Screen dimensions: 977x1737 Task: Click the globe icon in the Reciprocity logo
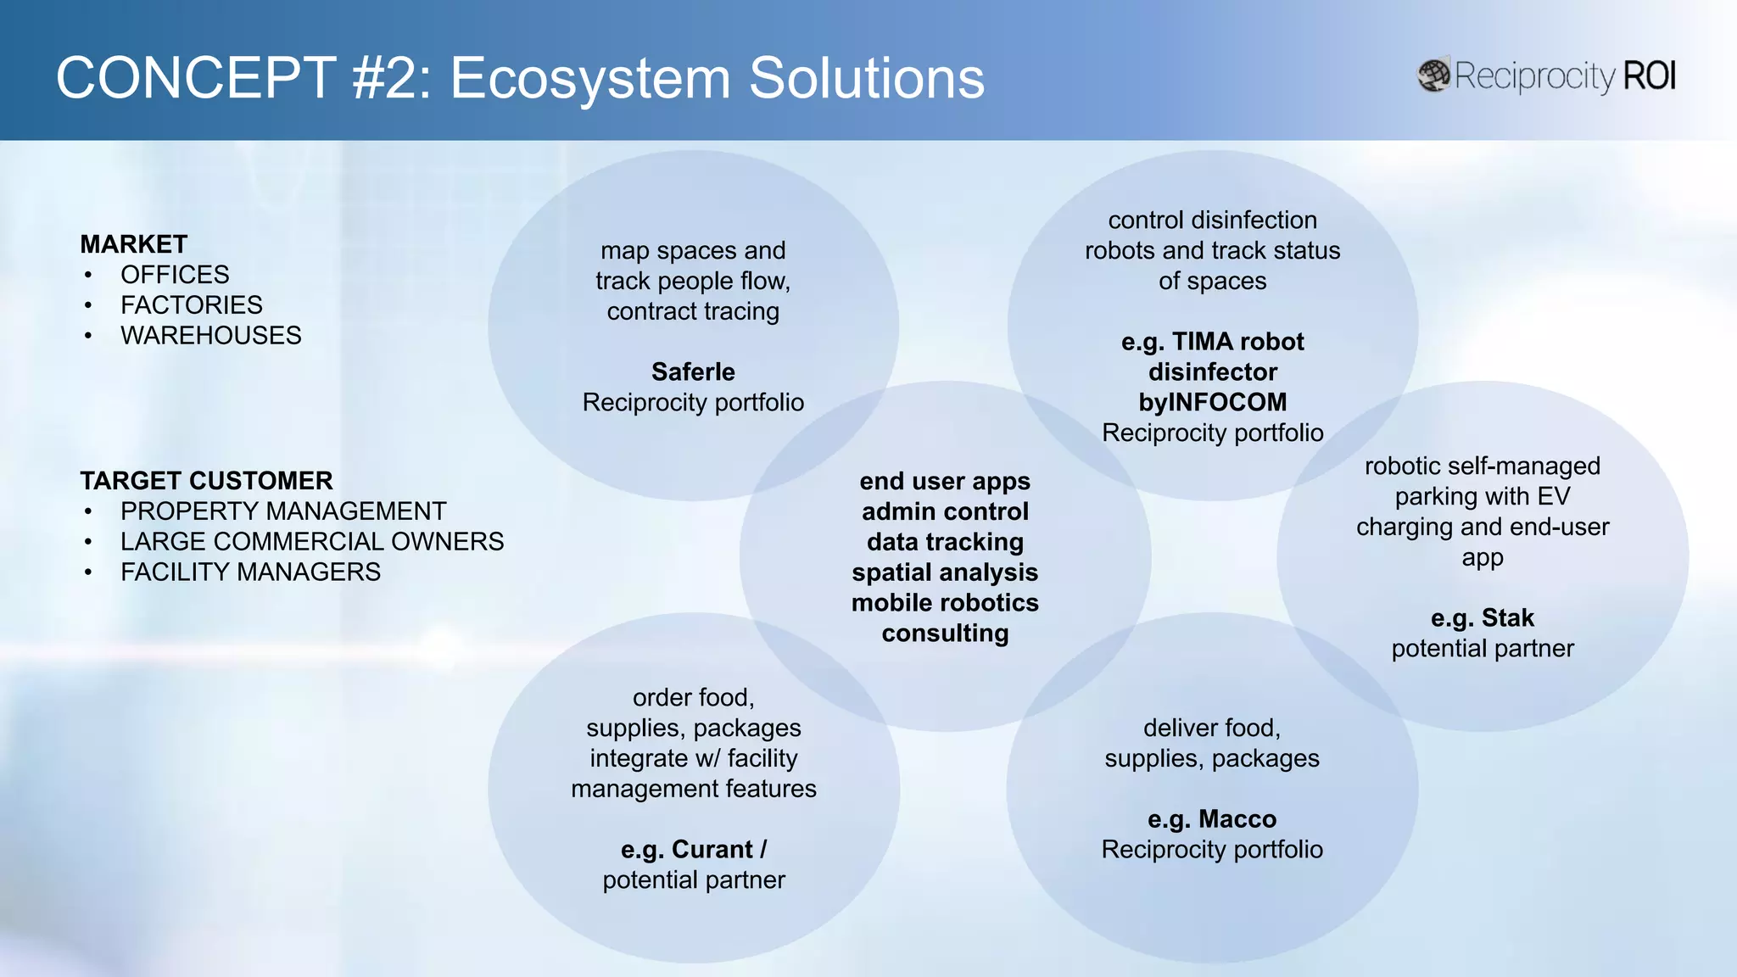(1434, 76)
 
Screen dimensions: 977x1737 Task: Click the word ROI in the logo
(1649, 76)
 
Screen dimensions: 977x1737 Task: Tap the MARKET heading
(134, 244)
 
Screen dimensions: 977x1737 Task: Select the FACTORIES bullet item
(191, 305)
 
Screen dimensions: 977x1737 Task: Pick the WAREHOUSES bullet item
(210, 336)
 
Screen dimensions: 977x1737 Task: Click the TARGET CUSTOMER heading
(206, 481)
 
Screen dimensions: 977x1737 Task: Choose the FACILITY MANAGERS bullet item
(250, 572)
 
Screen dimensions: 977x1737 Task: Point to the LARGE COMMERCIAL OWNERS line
(311, 542)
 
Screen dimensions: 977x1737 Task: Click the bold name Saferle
(693, 372)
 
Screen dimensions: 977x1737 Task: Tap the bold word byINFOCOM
(1212, 403)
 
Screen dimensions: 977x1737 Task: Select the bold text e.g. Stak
(1482, 618)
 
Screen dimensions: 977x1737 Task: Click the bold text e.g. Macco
(1211, 819)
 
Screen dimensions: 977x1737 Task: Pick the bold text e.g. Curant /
(693, 850)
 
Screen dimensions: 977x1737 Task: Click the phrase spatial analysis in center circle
(945, 572)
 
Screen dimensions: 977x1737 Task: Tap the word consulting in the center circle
(945, 634)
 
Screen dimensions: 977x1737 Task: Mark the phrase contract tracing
(693, 312)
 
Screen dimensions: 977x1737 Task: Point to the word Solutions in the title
(866, 78)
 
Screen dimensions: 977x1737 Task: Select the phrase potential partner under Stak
(1482, 649)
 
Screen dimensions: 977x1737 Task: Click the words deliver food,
(1211, 728)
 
